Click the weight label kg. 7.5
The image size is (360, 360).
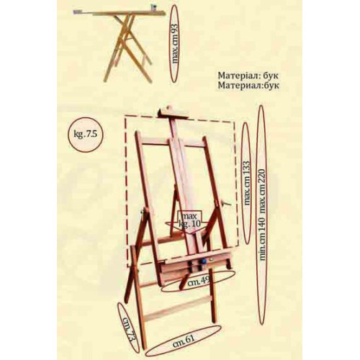(86, 134)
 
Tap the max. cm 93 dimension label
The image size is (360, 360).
(176, 43)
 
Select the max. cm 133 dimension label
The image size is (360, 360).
(247, 183)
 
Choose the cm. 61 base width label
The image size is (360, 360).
(184, 339)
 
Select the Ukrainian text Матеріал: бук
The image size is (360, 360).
(248, 76)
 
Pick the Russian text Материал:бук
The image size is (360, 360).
(248, 86)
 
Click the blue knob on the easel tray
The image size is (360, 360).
(203, 261)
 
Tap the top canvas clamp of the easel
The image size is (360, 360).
(172, 113)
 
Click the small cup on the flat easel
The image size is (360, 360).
(153, 7)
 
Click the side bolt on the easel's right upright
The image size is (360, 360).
(225, 203)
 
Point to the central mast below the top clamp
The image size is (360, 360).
(174, 129)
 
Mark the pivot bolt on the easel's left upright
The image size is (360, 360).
(143, 211)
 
